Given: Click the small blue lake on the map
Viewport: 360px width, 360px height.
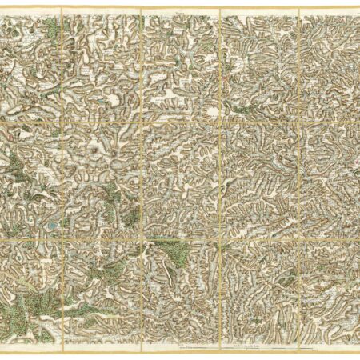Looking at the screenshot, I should (x=51, y=227).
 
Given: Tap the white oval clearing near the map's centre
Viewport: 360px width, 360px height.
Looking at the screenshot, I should (x=213, y=113).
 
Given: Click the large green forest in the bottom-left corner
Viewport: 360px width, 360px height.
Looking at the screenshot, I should (x=32, y=308).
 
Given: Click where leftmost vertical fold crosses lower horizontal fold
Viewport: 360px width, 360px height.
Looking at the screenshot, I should (x=62, y=235).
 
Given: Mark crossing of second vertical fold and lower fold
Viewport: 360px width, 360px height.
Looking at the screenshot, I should (x=141, y=235).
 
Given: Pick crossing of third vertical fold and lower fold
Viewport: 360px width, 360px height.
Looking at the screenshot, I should (x=220, y=235).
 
